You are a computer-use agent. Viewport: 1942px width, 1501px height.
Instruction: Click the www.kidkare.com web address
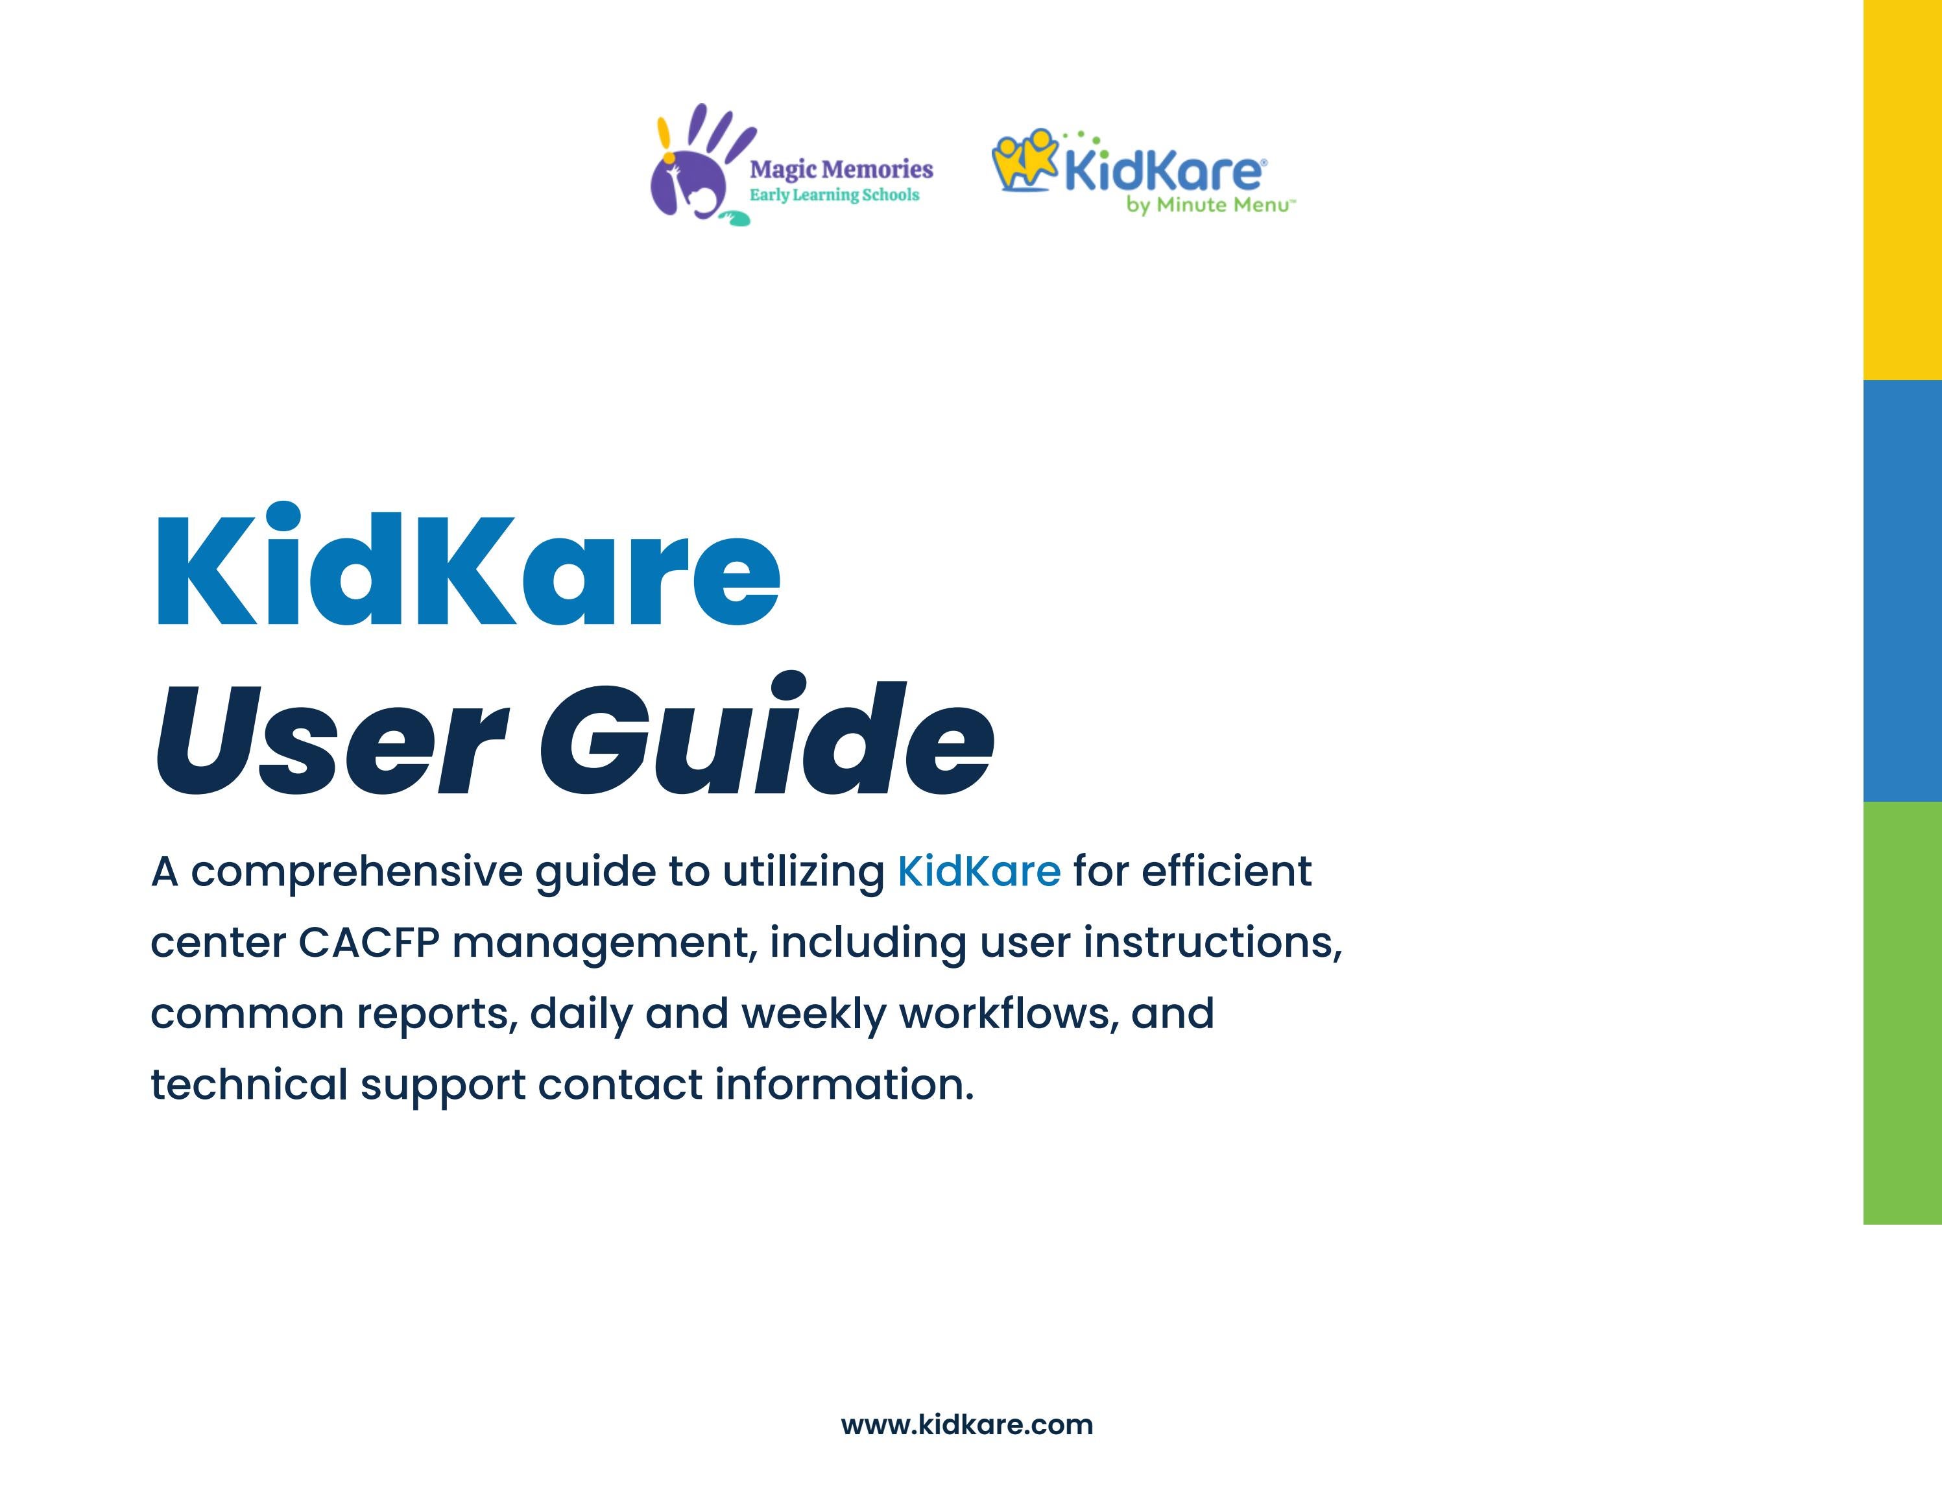[x=966, y=1424]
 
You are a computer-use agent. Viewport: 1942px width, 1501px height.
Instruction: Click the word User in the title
[x=331, y=738]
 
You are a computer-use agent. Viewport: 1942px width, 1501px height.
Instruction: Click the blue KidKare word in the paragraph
[x=978, y=871]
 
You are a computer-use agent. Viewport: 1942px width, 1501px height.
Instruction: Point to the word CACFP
[x=369, y=943]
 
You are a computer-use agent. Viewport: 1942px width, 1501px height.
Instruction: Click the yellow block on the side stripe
[x=1902, y=189]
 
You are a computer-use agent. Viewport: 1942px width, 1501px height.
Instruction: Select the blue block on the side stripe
[x=1902, y=590]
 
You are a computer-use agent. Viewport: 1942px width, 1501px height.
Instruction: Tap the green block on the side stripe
[x=1902, y=1012]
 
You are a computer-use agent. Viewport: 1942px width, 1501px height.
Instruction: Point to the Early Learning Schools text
[x=834, y=195]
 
